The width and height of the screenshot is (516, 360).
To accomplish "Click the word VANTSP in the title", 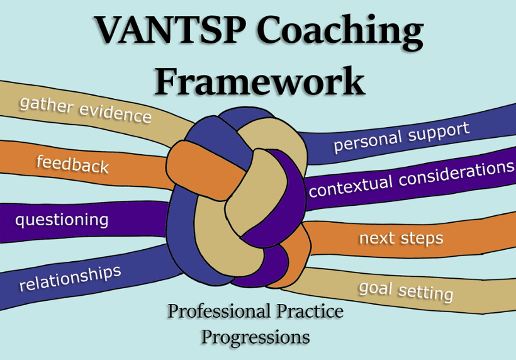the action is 170,30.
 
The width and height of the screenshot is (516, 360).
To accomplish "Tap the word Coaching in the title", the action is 340,32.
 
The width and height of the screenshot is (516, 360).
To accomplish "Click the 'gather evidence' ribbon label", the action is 86,110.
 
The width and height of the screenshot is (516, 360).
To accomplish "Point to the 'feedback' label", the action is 72,164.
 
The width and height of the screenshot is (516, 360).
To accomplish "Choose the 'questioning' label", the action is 62,220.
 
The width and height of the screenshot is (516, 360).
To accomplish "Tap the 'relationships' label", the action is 70,278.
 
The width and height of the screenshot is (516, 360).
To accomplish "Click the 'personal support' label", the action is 401,137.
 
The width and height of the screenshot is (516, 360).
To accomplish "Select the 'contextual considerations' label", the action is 412,179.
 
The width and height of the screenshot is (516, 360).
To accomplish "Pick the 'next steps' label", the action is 401,239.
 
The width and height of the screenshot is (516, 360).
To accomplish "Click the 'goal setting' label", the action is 406,291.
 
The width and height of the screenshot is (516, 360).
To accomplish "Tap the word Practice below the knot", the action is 310,311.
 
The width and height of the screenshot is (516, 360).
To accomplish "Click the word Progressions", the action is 255,337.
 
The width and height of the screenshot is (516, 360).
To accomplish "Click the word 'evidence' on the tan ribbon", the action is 116,114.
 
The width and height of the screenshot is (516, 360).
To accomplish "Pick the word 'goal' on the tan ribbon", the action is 376,289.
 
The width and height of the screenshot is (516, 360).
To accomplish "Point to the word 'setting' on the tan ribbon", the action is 426,293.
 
